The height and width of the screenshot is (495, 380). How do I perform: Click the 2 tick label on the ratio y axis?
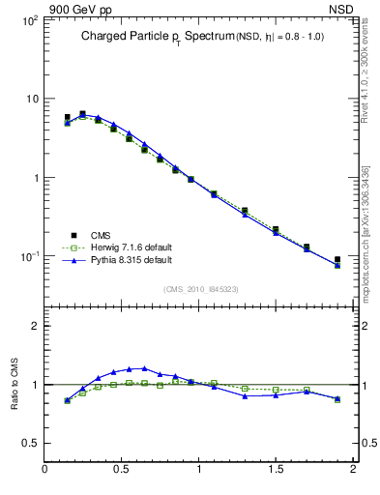pos(34,327)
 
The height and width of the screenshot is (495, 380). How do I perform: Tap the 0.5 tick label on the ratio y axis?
pos(29,444)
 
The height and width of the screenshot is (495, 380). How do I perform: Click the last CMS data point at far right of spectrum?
pos(337,260)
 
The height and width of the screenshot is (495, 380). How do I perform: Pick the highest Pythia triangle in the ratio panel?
pos(144,368)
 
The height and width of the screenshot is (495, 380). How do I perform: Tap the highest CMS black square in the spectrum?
pos(82,114)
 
